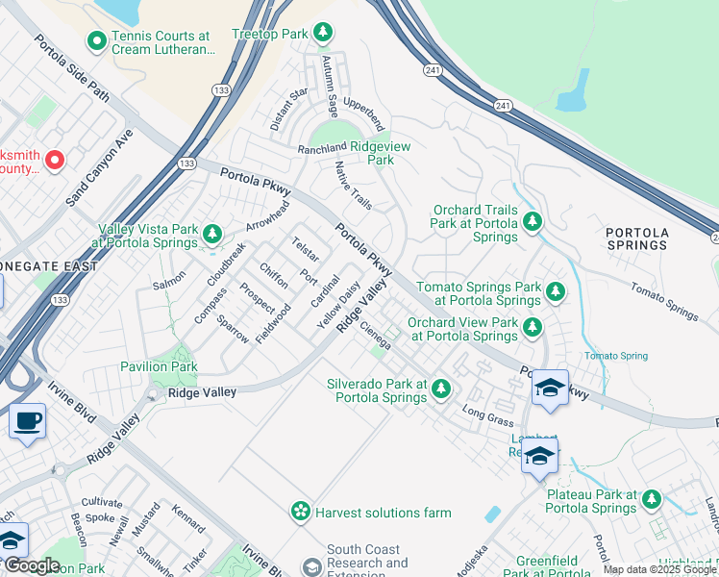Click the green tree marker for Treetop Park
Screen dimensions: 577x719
(x=324, y=34)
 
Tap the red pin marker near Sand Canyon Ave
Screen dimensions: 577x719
(x=54, y=160)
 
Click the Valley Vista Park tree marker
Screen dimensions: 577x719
(x=211, y=234)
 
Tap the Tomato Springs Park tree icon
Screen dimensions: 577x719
(x=555, y=291)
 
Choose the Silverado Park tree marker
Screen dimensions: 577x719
(x=440, y=389)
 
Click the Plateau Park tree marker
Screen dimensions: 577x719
(x=652, y=498)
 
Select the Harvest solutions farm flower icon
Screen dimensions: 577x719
(x=301, y=511)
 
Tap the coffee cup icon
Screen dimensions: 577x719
(x=27, y=420)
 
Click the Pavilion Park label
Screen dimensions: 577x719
(x=159, y=366)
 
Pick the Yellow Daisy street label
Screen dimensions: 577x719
(x=339, y=305)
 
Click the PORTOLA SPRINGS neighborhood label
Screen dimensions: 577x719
(x=636, y=238)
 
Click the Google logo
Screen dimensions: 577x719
(x=32, y=565)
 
